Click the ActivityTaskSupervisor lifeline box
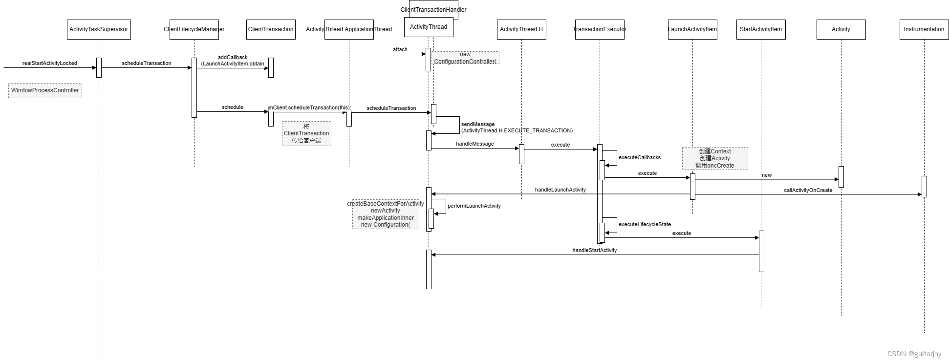coord(99,29)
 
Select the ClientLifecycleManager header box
coord(194,29)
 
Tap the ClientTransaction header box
coord(271,29)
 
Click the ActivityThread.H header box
coord(521,29)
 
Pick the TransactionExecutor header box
coord(600,29)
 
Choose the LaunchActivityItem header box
coord(692,29)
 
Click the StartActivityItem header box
coord(760,29)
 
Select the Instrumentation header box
coord(924,29)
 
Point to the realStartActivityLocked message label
coord(50,63)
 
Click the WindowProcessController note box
coord(45,90)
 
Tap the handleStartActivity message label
coord(594,250)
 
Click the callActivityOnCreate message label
coord(808,190)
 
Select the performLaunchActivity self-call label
coord(474,206)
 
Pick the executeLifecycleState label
coord(645,224)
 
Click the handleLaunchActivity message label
coord(560,190)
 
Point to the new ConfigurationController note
coord(465,58)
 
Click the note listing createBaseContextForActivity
coord(386,214)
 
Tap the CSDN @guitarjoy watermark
coord(914,354)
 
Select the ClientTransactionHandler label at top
coord(433,9)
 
